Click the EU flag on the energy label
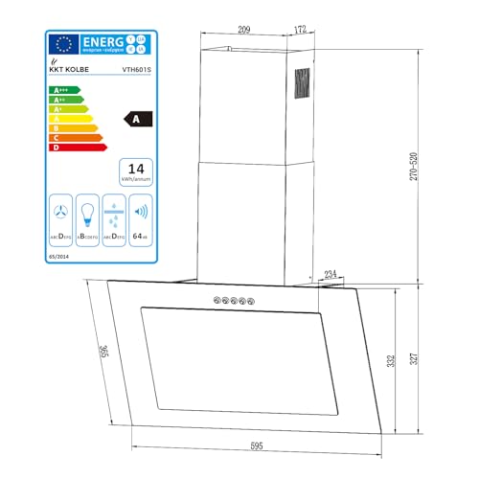[x=65, y=44]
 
